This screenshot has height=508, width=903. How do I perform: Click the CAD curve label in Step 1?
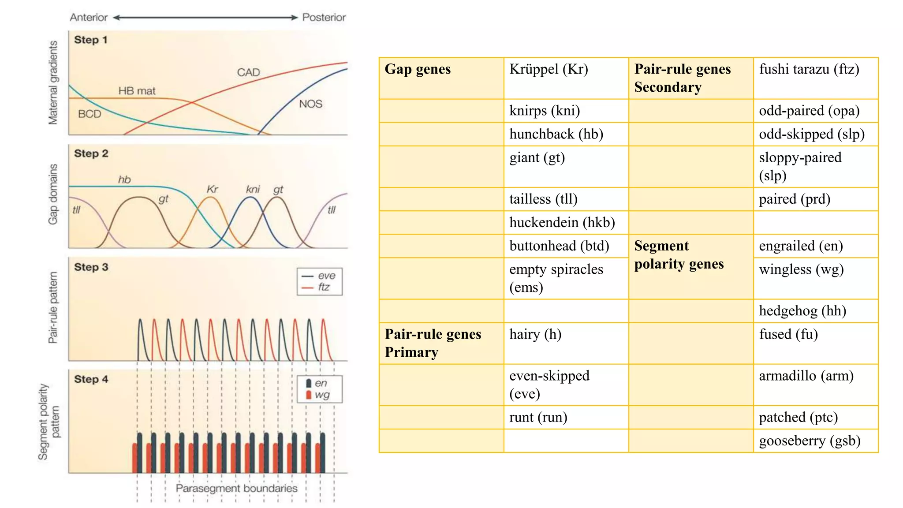click(x=248, y=72)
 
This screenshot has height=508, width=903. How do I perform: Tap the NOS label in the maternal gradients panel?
click(x=310, y=104)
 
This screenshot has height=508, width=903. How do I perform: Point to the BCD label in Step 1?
click(x=90, y=114)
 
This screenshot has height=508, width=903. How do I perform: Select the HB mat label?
click(x=137, y=91)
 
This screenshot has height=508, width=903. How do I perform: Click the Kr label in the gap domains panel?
click(x=212, y=190)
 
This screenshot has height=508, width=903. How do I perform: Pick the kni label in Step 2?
click(x=253, y=190)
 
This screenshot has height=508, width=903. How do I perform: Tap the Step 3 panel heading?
click(x=91, y=267)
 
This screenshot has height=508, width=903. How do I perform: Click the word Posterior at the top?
click(x=324, y=18)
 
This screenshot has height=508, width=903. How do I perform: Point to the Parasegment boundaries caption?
click(x=236, y=489)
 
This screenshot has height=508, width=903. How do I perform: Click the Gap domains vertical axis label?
click(x=53, y=194)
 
